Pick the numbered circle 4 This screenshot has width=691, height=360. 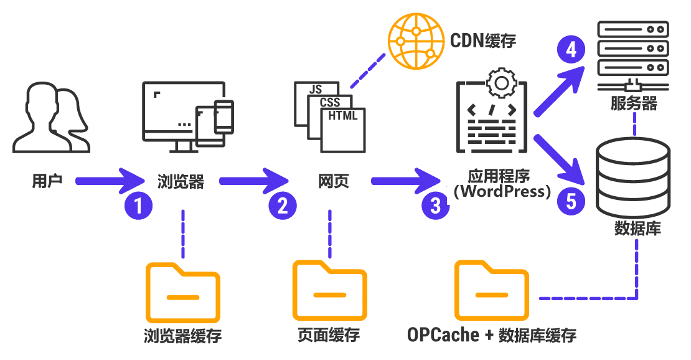click(571, 50)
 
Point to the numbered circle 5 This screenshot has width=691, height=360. click(571, 201)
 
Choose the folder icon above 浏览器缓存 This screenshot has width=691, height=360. click(182, 291)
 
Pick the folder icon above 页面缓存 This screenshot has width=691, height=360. click(329, 290)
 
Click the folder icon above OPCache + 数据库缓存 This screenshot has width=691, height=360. click(491, 290)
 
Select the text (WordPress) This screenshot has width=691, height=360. click(502, 191)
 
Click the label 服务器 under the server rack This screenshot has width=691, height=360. click(634, 103)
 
